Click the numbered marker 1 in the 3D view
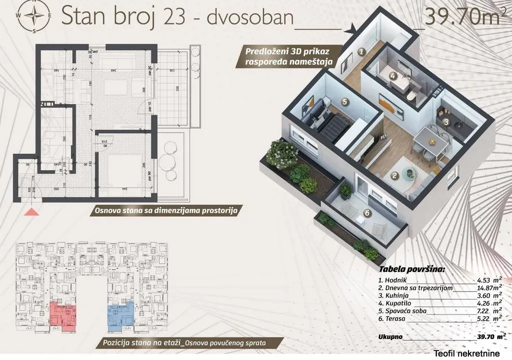(361, 50)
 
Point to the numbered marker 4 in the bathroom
(393, 76)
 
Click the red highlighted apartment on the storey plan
(62, 315)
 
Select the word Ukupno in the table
(390, 337)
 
